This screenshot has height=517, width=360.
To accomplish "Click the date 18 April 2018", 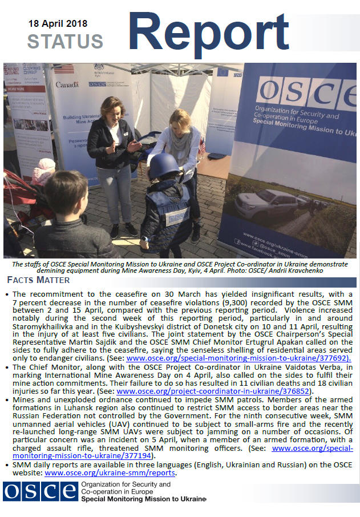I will coord(58,24).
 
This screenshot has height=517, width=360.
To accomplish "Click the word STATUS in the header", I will coord(65,42).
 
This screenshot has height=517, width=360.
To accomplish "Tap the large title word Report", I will coord(212,32).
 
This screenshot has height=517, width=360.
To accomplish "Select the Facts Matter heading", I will coord(38,280).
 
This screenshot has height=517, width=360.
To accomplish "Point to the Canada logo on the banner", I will coord(67,84).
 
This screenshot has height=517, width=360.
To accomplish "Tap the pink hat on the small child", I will coord(45,168).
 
